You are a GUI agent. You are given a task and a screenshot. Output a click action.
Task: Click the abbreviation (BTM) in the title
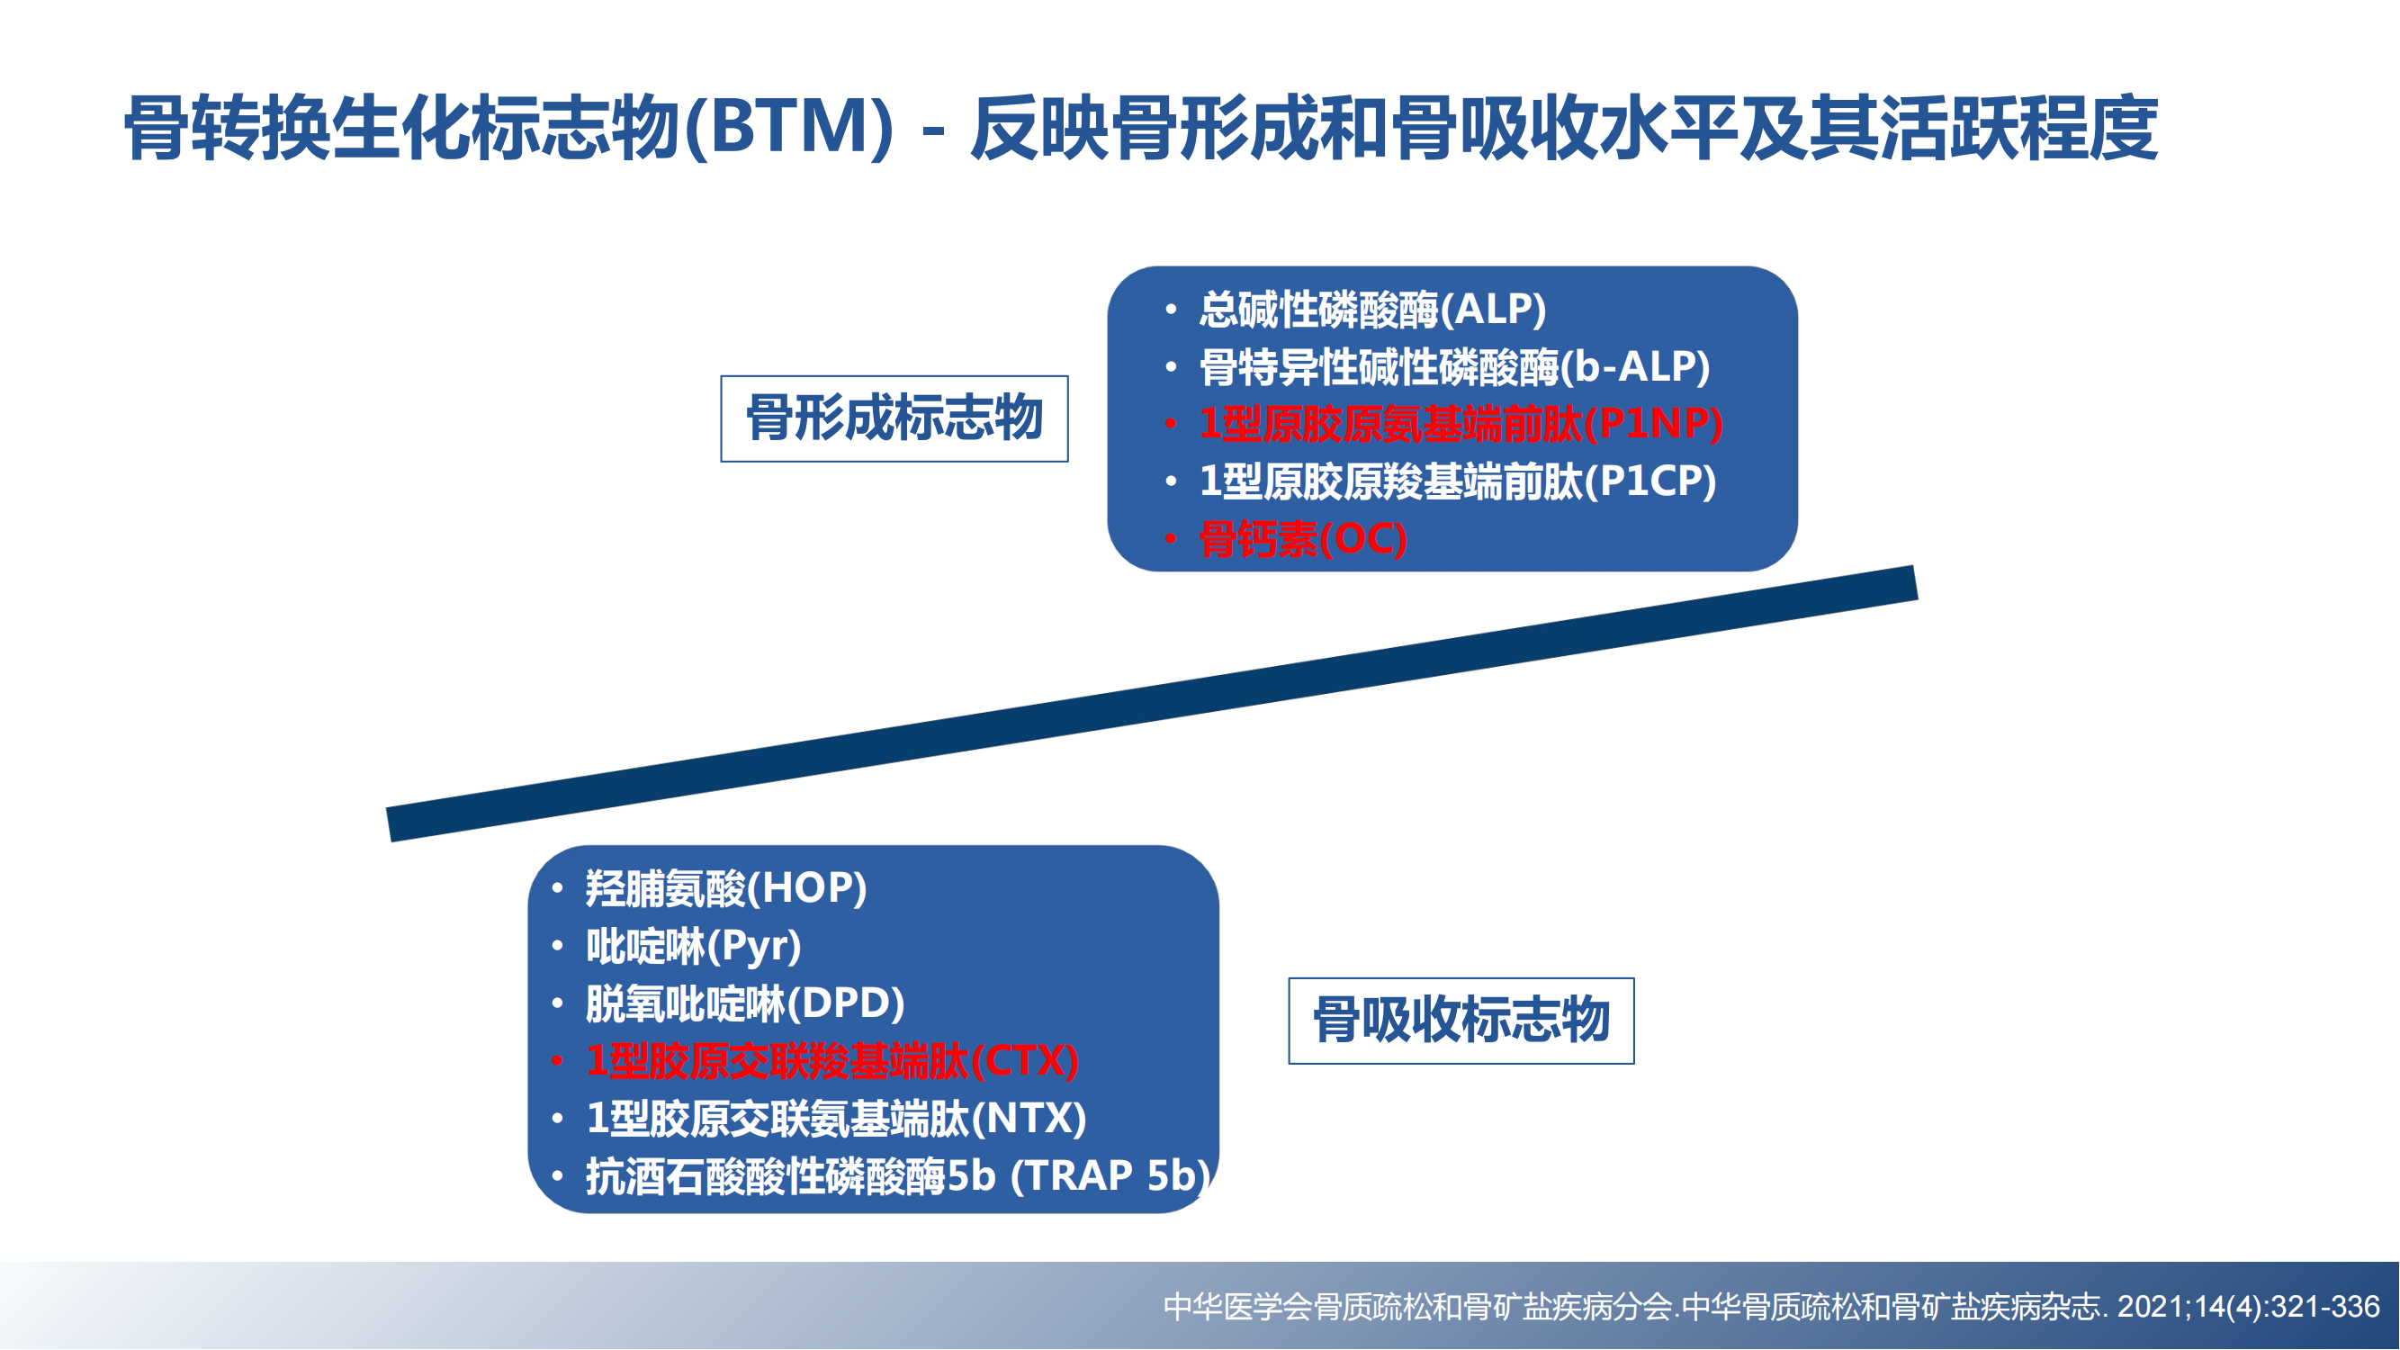[x=789, y=128]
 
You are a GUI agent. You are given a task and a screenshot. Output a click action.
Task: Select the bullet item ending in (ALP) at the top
[x=1372, y=310]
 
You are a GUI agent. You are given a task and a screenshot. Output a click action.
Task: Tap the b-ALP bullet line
[x=1454, y=367]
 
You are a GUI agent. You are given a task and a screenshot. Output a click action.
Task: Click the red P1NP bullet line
[x=1461, y=424]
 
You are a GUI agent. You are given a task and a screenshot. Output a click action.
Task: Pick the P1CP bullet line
[x=1457, y=481]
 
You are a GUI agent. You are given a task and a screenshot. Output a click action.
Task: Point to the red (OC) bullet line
[x=1302, y=539]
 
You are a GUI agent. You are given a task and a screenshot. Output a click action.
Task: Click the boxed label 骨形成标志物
[x=894, y=418]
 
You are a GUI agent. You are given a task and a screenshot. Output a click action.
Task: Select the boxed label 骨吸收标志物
[x=1461, y=1021]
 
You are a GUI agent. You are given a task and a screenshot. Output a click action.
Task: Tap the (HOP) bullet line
[x=726, y=888]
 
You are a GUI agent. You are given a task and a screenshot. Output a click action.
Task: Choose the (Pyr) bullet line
[x=693, y=946]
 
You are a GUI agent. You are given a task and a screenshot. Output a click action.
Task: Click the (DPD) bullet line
[x=745, y=1003]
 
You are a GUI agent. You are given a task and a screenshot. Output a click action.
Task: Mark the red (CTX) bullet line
[x=832, y=1061]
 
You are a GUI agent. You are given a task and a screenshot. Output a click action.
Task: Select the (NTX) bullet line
[x=836, y=1118]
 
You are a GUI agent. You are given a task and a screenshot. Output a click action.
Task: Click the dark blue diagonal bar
[x=1153, y=704]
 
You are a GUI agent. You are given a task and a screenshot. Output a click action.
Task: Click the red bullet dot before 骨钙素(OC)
[x=1171, y=539]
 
